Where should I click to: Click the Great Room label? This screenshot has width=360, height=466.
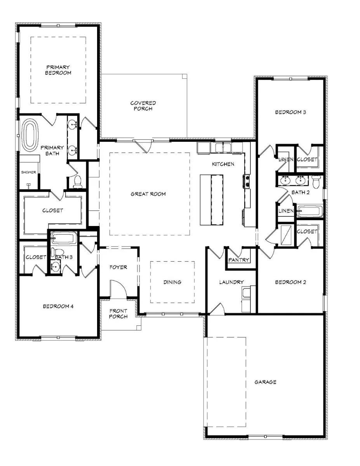pos(148,194)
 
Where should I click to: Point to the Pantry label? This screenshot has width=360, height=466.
pos(239,260)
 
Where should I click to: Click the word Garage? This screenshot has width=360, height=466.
pos(265,382)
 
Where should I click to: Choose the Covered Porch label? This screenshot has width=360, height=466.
pos(143,106)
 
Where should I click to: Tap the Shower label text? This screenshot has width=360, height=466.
pos(28,172)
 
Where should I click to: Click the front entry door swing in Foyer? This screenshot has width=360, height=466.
pos(118,289)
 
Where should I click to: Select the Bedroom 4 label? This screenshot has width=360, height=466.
pos(58,306)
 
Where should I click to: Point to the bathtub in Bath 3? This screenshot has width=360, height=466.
pos(64,238)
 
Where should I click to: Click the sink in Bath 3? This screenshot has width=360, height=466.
pos(55,267)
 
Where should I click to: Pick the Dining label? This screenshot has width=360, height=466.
pos(172,282)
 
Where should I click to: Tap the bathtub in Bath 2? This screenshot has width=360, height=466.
pos(310,211)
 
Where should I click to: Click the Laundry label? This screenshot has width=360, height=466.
pos(231,282)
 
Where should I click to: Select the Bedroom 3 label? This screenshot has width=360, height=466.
pos(290,112)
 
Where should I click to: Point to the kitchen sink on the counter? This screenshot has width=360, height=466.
pos(223,148)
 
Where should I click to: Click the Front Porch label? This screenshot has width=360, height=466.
pos(118,313)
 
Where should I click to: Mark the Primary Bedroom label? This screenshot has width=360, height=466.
pos(58,70)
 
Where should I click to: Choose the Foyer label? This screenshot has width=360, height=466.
pos(118,267)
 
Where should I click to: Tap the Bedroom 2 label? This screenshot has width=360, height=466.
pos(290,282)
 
